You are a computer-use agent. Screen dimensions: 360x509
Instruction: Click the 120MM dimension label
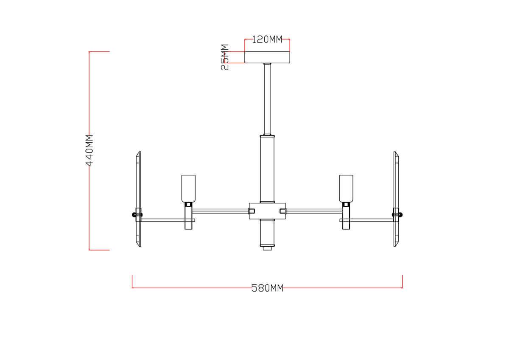[x=267, y=39]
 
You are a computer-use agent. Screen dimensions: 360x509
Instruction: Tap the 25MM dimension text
[x=225, y=57]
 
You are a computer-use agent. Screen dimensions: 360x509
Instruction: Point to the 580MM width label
[x=267, y=288]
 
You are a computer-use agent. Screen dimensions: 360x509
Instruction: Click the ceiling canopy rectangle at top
[x=267, y=57]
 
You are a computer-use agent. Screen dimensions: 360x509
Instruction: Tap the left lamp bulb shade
[x=188, y=188]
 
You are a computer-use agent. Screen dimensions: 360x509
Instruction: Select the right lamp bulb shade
[x=346, y=188]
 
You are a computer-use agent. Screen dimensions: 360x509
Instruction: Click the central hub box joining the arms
[x=267, y=211]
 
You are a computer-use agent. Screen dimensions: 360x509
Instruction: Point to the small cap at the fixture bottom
[x=267, y=248]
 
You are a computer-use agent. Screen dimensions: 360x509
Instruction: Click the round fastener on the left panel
[x=135, y=214]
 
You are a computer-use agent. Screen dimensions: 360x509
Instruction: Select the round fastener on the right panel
[x=399, y=214]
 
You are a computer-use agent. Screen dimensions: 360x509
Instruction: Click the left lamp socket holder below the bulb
[x=188, y=216]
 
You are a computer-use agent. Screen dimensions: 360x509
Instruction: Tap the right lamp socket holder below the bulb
[x=346, y=216]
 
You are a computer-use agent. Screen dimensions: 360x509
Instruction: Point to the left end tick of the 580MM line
[x=132, y=281]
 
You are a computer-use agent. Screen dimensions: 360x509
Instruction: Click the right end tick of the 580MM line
[x=402, y=281]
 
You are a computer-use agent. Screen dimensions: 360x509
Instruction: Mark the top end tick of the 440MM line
[x=99, y=52]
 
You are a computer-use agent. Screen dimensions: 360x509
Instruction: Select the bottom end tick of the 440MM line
[x=99, y=250]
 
